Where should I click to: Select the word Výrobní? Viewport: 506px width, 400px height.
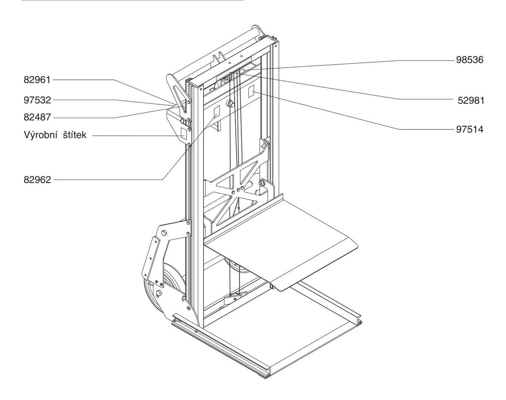[x=41, y=136]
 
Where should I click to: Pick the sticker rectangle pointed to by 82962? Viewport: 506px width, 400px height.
[x=218, y=111]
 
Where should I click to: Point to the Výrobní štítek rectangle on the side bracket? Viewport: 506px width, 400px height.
[x=183, y=132]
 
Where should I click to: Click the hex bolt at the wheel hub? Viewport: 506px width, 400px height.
[x=159, y=293]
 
